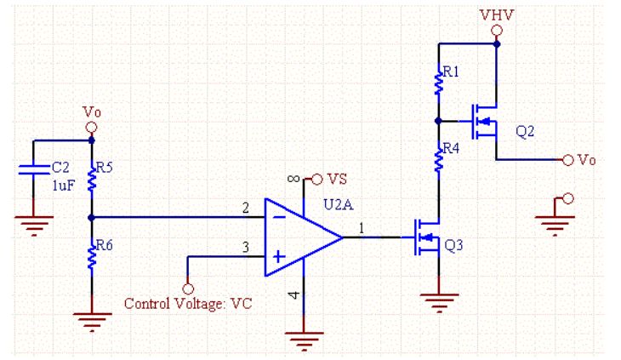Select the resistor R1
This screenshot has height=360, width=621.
click(439, 83)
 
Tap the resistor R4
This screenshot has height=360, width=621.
click(439, 157)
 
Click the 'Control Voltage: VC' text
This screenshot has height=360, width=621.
click(188, 303)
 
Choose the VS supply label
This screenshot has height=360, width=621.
click(337, 179)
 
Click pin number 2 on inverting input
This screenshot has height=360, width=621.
click(245, 208)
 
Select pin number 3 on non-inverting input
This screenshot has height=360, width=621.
click(245, 247)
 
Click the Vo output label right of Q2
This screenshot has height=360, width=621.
click(587, 159)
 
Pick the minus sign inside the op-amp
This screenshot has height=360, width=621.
click(278, 218)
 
